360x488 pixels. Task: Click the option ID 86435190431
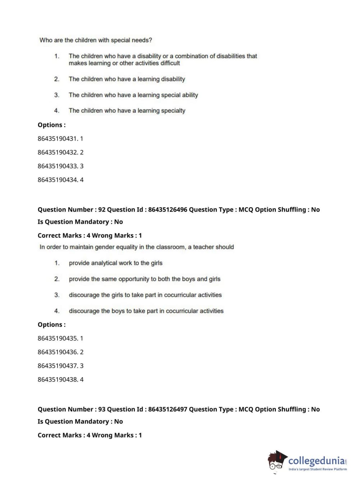click(x=58, y=139)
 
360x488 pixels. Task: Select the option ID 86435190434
click(x=58, y=180)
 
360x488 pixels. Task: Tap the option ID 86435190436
click(x=58, y=352)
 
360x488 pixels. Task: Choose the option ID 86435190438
click(x=58, y=379)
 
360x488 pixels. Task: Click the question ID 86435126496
click(x=168, y=209)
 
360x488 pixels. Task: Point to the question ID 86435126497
click(x=168, y=409)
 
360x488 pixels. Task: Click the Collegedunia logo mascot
click(x=277, y=461)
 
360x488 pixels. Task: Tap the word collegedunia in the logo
click(x=316, y=460)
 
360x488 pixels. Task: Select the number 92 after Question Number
click(x=102, y=209)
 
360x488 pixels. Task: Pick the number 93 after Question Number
click(x=102, y=409)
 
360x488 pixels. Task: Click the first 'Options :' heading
click(x=51, y=125)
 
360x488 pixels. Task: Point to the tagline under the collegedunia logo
click(x=318, y=469)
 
